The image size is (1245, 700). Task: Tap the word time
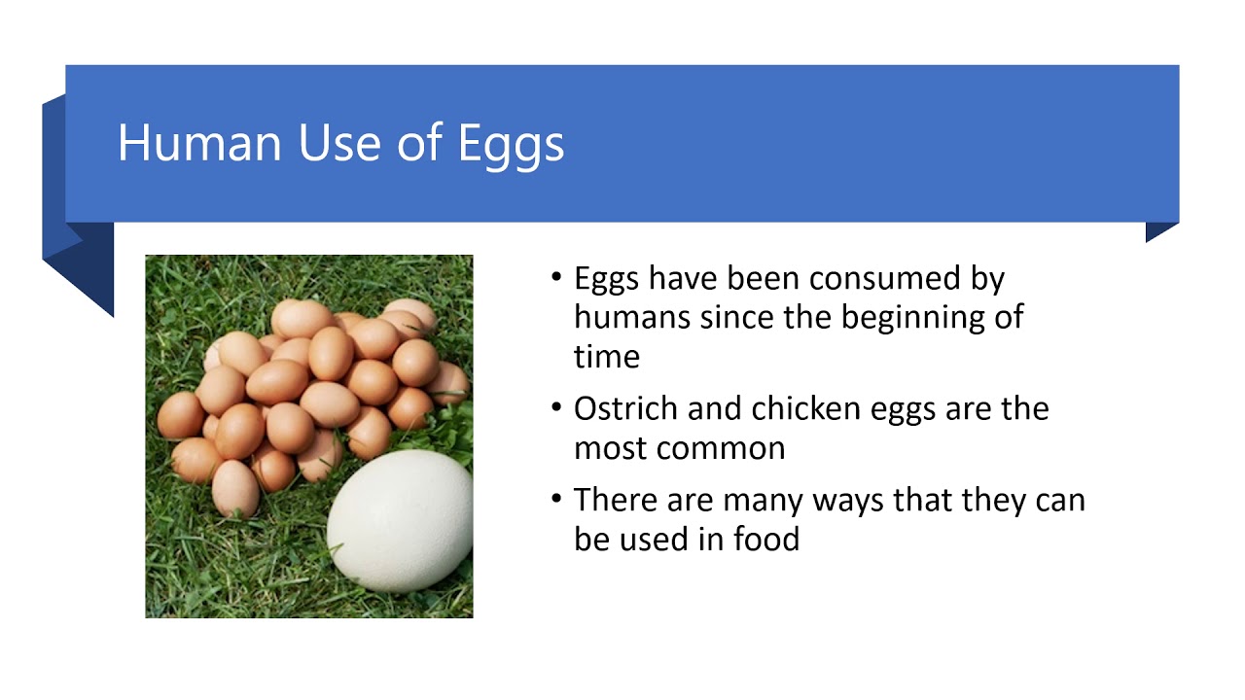[x=606, y=356]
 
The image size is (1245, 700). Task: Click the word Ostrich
[x=625, y=408]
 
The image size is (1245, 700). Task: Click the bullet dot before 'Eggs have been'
[x=556, y=278]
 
